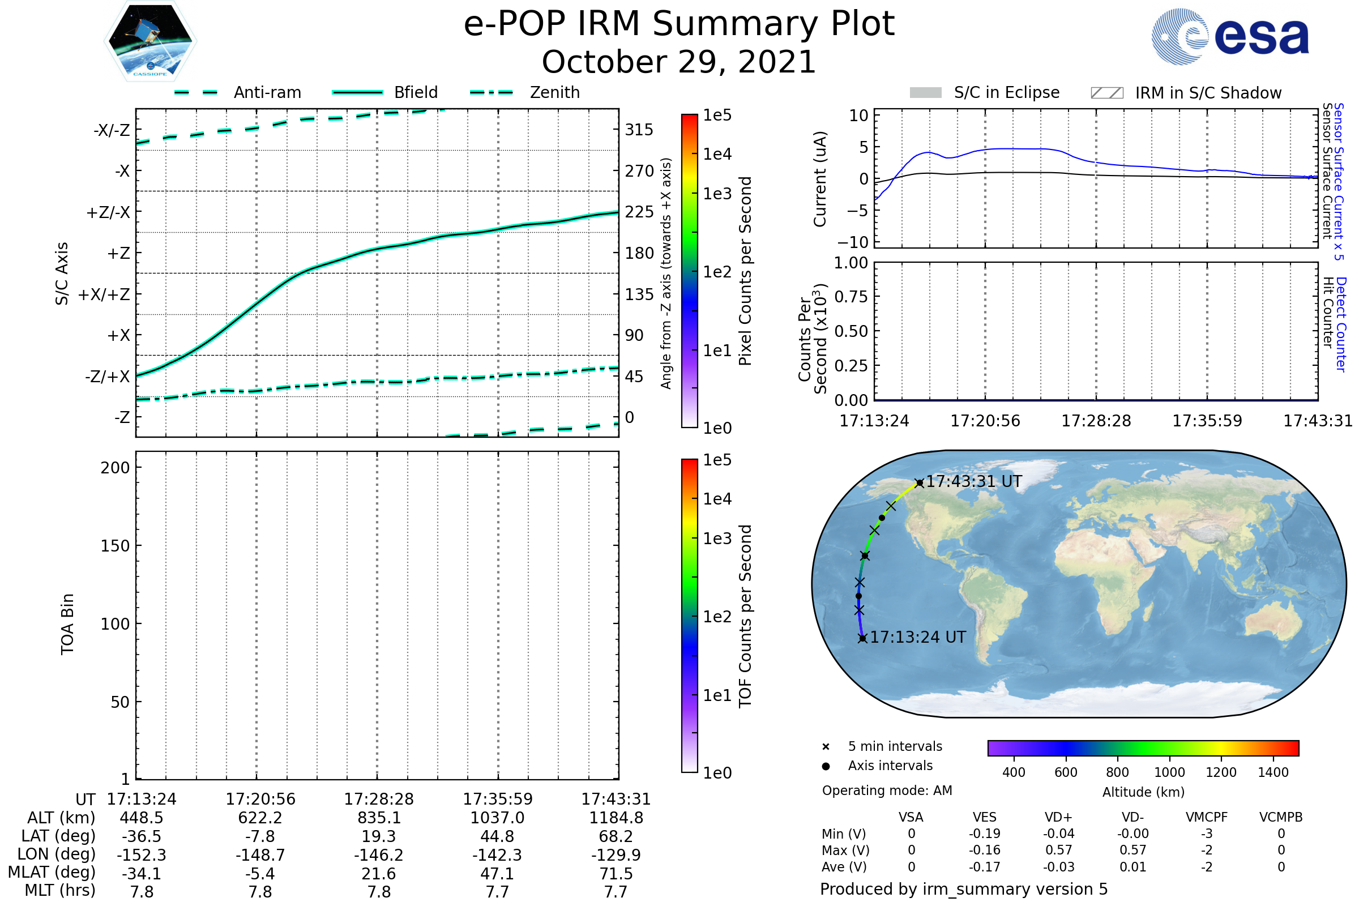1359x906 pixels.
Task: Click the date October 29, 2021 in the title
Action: point(679,62)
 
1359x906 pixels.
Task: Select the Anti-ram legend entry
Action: point(267,92)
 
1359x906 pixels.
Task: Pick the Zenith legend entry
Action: point(554,92)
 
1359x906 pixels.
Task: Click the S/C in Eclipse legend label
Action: point(1007,92)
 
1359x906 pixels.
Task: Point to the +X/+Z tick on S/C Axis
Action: point(104,294)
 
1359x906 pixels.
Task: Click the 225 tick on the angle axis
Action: point(639,212)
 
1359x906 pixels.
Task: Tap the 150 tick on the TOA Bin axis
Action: point(115,546)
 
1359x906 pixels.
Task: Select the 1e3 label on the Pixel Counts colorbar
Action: point(717,194)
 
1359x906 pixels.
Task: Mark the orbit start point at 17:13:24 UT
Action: point(862,638)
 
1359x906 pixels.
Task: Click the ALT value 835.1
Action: point(378,818)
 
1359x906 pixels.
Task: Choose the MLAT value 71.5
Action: point(616,874)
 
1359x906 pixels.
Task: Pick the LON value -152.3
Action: point(142,854)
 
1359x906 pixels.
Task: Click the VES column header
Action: point(985,817)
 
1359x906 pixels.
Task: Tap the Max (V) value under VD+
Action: point(1058,850)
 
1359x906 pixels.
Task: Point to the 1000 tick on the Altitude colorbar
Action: point(1169,772)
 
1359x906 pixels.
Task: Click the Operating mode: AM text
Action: point(887,790)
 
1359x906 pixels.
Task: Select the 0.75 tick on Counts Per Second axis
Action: point(851,296)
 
